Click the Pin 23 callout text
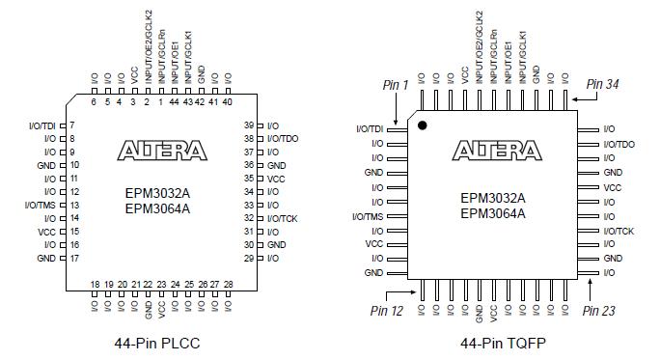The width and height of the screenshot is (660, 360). pos(599,310)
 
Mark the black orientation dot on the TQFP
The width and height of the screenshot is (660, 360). pos(422,125)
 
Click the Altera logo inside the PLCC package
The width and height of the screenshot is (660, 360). pos(162,151)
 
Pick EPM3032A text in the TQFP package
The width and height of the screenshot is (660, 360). pos(492,198)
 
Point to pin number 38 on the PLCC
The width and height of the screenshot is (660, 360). pos(249,139)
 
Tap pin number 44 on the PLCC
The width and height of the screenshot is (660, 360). pos(174,101)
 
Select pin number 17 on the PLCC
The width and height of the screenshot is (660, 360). pos(73,259)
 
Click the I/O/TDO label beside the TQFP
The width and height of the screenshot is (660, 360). pos(618,144)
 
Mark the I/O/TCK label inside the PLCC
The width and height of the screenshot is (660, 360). pos(282,219)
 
